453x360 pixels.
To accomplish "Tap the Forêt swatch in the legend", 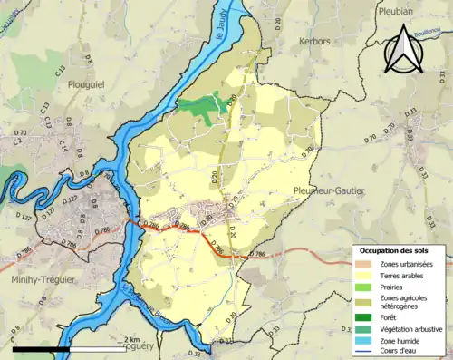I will pyautogui.click(x=366, y=316).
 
